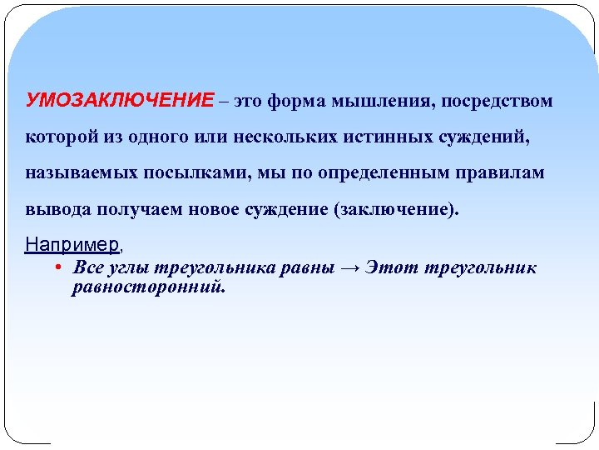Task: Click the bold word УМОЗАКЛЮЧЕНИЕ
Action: pyautogui.click(x=120, y=102)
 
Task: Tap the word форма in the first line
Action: pyautogui.click(x=299, y=102)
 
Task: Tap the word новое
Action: pyautogui.click(x=217, y=209)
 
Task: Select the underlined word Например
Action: pyautogui.click(x=72, y=245)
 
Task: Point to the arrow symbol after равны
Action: pyautogui.click(x=351, y=268)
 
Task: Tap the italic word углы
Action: pyautogui.click(x=124, y=269)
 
